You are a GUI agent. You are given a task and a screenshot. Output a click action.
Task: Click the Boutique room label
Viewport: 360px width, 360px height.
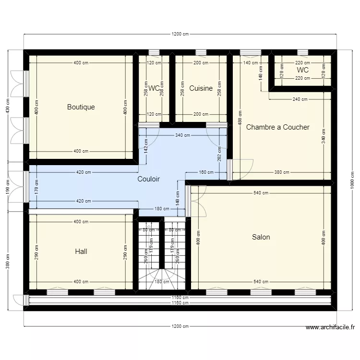[81, 107]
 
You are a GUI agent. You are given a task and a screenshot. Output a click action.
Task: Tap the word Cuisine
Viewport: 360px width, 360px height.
[201, 88]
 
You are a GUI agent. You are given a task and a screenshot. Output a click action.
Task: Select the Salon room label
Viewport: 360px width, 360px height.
[261, 237]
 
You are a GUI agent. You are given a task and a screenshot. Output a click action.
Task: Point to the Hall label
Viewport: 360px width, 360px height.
[81, 251]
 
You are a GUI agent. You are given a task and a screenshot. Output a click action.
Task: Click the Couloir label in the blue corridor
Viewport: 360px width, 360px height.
[148, 179]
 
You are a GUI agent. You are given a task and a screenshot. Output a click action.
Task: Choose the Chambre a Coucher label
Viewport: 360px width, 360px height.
[277, 127]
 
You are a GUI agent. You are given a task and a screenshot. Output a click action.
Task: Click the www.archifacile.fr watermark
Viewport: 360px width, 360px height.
[330, 328]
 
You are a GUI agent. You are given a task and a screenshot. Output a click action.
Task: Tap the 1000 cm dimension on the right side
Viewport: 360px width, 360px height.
[351, 180]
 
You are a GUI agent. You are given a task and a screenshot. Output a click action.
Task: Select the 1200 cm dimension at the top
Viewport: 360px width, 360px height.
[180, 34]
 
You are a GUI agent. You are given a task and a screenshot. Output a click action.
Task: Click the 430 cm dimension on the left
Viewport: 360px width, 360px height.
[7, 107]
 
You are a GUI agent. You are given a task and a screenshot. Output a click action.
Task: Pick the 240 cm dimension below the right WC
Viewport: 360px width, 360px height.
[300, 99]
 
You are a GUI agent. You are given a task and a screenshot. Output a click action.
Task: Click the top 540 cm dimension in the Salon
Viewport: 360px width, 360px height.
[261, 193]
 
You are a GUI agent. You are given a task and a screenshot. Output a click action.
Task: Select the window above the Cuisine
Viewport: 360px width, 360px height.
[201, 52]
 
